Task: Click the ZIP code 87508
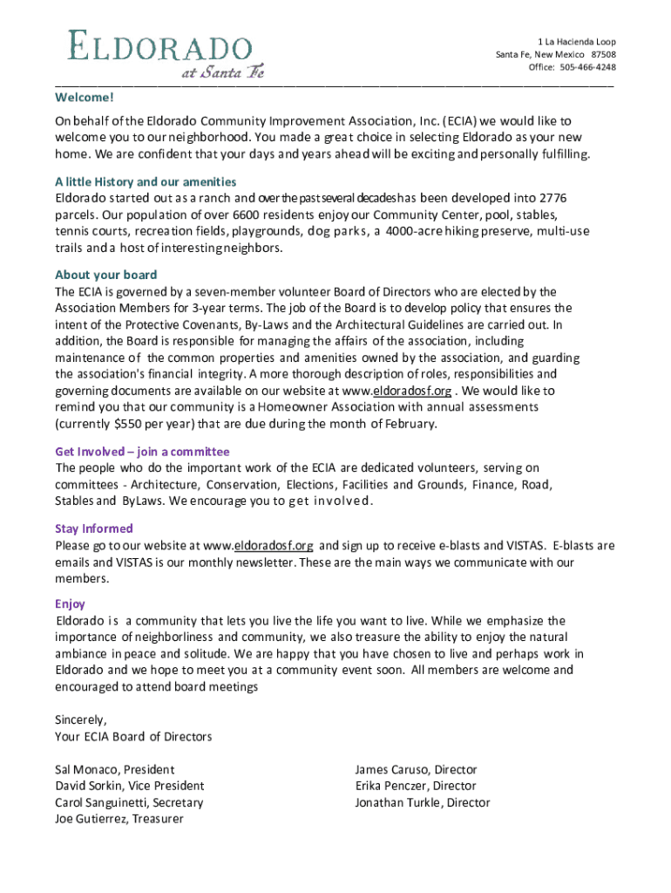602,54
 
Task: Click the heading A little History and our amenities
146,181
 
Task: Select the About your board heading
105,275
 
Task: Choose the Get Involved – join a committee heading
142,452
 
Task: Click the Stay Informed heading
94,528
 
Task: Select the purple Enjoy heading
70,603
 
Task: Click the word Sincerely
81,720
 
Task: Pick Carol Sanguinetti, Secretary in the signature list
129,803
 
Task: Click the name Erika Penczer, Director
416,787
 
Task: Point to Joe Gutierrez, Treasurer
119,820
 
